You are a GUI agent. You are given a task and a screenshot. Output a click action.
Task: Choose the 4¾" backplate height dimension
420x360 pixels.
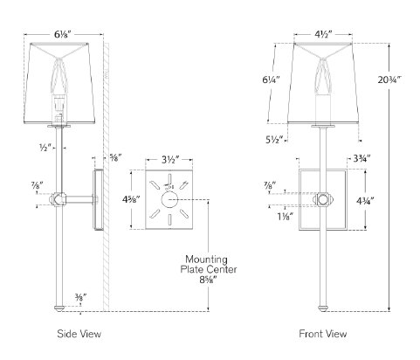click(x=365, y=200)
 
